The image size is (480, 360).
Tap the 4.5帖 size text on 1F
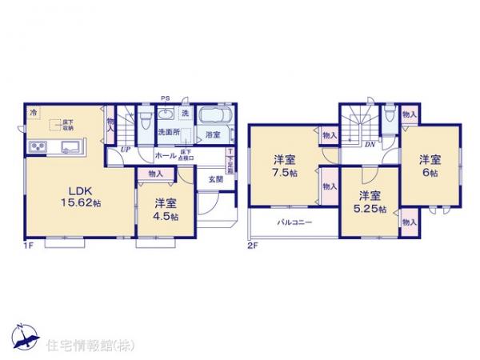tap(167, 216)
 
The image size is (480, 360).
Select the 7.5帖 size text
tap(285, 171)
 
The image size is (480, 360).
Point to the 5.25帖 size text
tap(372, 210)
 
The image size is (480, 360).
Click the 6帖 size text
tap(430, 172)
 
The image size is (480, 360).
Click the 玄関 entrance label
tap(215, 179)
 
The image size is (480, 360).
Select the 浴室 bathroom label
tap(213, 134)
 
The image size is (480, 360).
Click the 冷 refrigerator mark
tap(34, 114)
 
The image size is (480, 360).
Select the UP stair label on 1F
tap(126, 149)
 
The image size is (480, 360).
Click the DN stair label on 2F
tap(370, 144)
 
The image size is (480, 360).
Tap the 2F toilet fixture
tap(388, 120)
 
